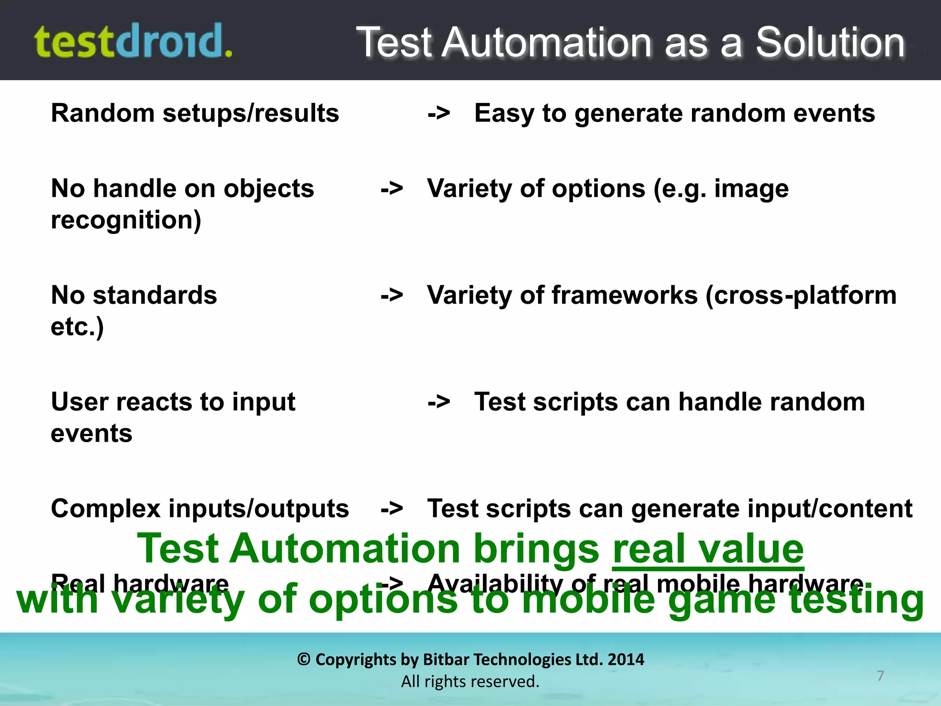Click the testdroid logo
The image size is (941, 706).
pyautogui.click(x=133, y=41)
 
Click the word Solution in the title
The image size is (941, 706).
pyautogui.click(x=830, y=42)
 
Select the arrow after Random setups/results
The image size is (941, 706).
pyautogui.click(x=439, y=113)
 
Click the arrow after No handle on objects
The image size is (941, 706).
pyautogui.click(x=392, y=188)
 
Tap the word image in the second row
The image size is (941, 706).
pyautogui.click(x=751, y=189)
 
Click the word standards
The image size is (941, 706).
pyautogui.click(x=155, y=295)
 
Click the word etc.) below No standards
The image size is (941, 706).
pyautogui.click(x=77, y=327)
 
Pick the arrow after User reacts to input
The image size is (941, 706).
pyautogui.click(x=439, y=402)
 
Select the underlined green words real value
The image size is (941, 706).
pyautogui.click(x=708, y=549)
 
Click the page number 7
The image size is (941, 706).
pyautogui.click(x=880, y=675)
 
